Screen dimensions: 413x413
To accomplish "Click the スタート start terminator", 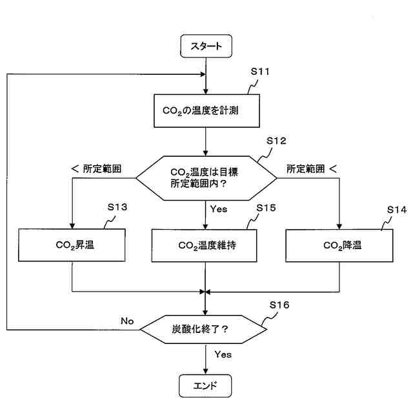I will coord(206,46).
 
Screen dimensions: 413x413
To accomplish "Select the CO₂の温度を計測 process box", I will coord(206,112).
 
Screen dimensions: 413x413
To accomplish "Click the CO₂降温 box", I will coord(339,245).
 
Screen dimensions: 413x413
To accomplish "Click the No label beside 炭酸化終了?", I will coord(127,321).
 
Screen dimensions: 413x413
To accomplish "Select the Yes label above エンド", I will coord(223,354).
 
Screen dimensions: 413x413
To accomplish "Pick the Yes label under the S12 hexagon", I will coord(219,208).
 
